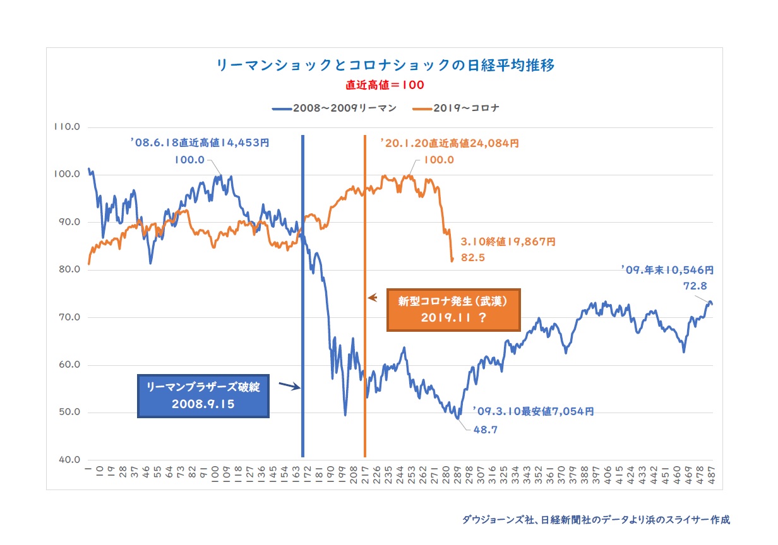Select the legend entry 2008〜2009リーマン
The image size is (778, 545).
(334, 108)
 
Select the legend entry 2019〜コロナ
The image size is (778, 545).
(458, 108)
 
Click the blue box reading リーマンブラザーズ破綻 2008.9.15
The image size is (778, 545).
(203, 396)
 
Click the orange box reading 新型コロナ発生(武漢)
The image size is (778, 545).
(453, 310)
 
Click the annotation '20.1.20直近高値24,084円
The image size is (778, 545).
(449, 144)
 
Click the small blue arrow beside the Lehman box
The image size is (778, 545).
(289, 385)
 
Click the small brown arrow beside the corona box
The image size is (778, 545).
(373, 297)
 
